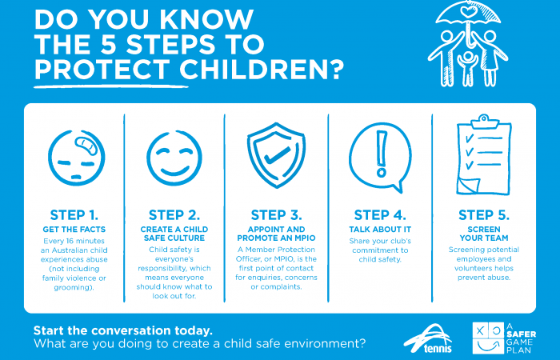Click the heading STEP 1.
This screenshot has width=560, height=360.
click(x=74, y=214)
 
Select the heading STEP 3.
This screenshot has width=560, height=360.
click(x=276, y=214)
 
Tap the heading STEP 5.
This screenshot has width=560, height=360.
click(x=483, y=214)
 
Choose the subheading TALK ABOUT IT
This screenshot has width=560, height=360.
click(x=380, y=228)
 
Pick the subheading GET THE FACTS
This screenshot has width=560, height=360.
click(x=74, y=228)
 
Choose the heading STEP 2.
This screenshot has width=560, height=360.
click(x=174, y=214)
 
